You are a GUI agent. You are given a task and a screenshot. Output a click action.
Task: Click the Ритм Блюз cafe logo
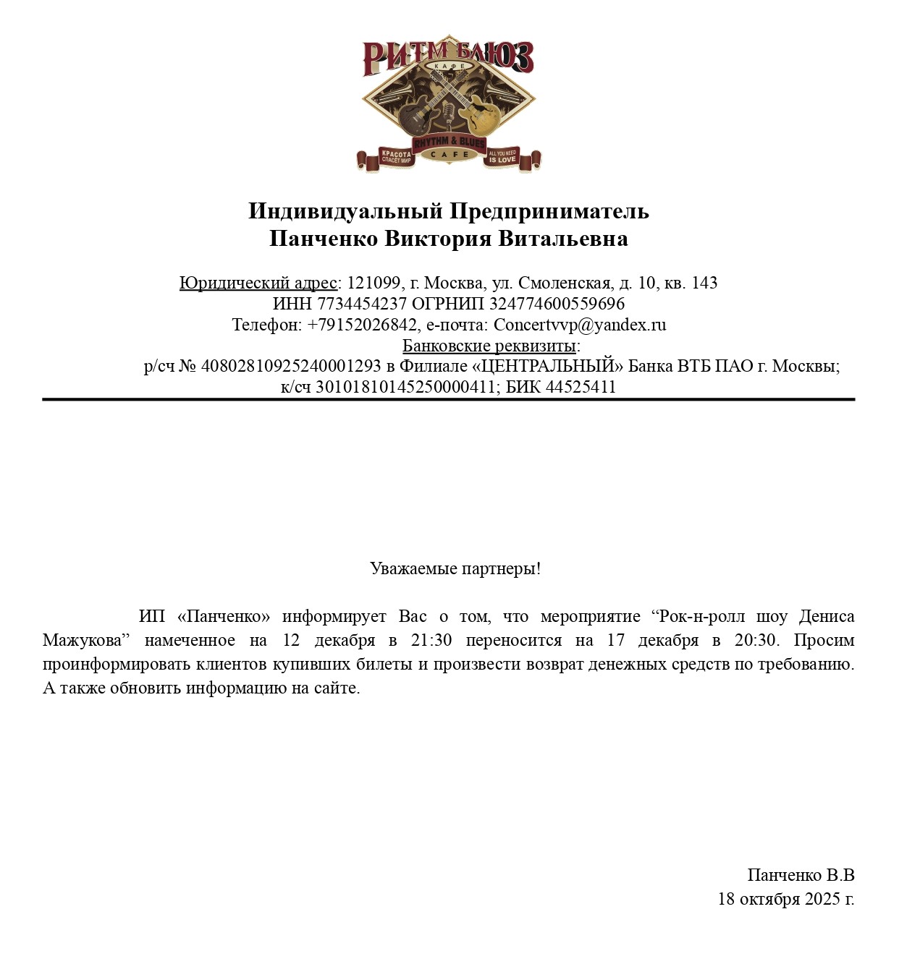pos(449,103)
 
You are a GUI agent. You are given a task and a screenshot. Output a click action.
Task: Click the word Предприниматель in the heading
pos(549,211)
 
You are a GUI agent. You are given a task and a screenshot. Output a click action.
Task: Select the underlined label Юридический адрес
pos(258,283)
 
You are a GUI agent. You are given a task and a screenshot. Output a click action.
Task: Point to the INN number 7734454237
pos(362,304)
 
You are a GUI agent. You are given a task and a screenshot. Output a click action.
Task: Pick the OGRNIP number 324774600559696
pos(557,304)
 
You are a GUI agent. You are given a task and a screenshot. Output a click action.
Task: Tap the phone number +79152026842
pos(362,325)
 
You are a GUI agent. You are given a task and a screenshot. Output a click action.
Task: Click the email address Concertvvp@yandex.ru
pos(580,325)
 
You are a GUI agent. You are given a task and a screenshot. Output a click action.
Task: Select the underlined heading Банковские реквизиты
pos(489,346)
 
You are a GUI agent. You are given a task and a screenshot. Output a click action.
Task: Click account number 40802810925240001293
pos(290,366)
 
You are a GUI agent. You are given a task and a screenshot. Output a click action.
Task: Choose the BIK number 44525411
pos(581,387)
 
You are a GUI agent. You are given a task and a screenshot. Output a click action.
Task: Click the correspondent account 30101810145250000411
pos(405,387)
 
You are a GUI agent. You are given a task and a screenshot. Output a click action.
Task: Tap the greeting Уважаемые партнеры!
pos(455,568)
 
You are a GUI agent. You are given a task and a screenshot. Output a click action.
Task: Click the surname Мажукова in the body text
pos(82,641)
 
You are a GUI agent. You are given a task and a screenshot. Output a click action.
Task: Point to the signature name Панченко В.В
pos(801,876)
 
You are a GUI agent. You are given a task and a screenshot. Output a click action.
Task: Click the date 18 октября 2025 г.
pos(786,900)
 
